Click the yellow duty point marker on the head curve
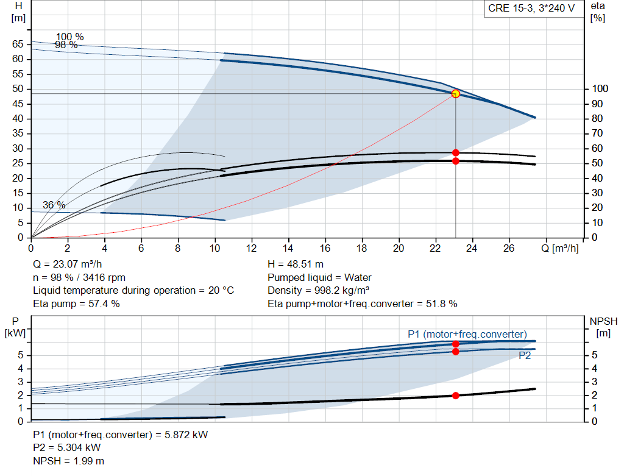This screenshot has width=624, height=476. pyautogui.click(x=456, y=94)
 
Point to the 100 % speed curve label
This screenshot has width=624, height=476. pyautogui.click(x=69, y=37)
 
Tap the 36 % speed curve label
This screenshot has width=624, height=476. pyautogui.click(x=54, y=205)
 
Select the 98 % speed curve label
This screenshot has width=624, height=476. pyautogui.click(x=66, y=45)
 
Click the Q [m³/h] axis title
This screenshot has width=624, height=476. pyautogui.click(x=559, y=248)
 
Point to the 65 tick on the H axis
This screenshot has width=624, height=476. pyautogui.click(x=18, y=44)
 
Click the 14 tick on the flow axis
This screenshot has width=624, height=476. pyautogui.click(x=288, y=248)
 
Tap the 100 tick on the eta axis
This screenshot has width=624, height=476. pyautogui.click(x=600, y=89)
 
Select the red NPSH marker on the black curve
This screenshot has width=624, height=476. pyautogui.click(x=456, y=396)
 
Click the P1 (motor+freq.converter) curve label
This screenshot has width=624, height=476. pyautogui.click(x=467, y=335)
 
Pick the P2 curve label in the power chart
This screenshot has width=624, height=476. pyautogui.click(x=525, y=356)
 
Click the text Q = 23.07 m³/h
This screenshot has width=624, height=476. pyautogui.click(x=67, y=265)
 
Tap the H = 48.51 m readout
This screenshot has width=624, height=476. pyautogui.click(x=296, y=265)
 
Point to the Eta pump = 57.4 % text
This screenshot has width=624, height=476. pyautogui.click(x=76, y=304)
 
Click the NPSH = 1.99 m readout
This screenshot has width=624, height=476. pyautogui.click(x=68, y=461)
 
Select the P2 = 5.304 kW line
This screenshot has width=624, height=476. pyautogui.click(x=67, y=448)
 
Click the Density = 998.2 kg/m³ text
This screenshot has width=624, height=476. pyautogui.click(x=318, y=291)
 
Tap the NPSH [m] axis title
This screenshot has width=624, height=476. pyautogui.click(x=603, y=327)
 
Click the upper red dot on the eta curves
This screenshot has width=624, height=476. pyautogui.click(x=456, y=153)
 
